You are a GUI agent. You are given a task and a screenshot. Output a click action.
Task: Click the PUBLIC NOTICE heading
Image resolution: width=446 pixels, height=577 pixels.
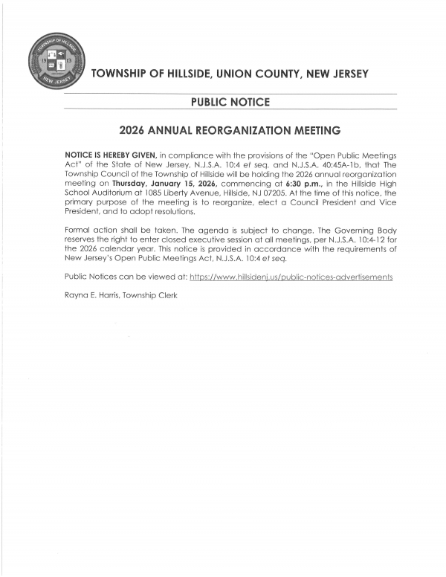pyautogui.click(x=230, y=102)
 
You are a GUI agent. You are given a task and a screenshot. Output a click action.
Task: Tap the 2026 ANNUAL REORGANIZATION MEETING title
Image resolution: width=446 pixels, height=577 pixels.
pyautogui.click(x=230, y=130)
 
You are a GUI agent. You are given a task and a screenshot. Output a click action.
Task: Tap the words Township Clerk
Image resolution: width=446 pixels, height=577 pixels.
pyautogui.click(x=149, y=295)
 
